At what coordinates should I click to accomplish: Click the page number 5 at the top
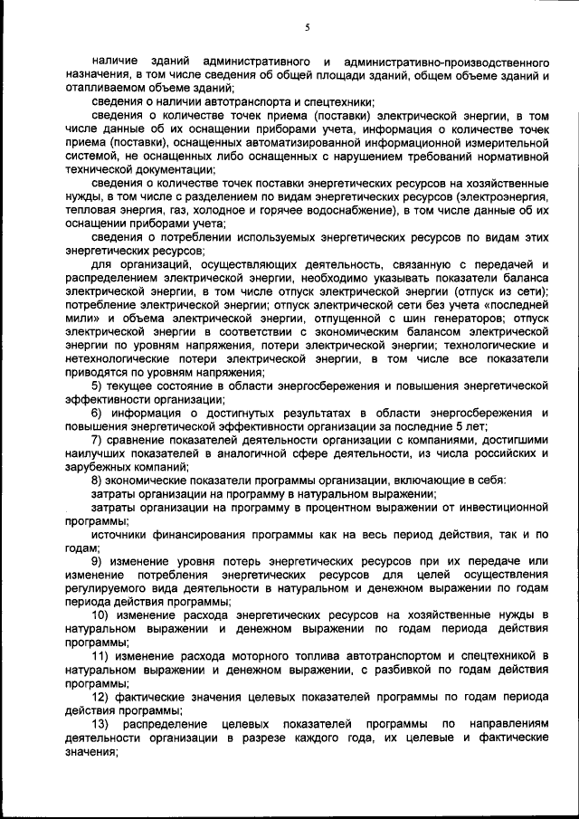click(x=307, y=28)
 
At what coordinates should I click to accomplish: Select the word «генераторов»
click(x=464, y=319)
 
